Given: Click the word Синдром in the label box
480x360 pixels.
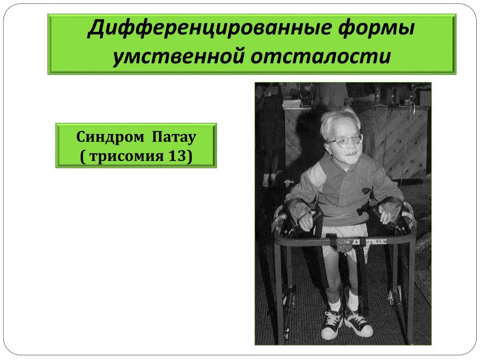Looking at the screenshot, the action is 110,137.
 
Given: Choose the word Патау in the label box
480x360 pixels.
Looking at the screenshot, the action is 174,137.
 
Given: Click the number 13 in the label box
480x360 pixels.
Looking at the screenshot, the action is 177,156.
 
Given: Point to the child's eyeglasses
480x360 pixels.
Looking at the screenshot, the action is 345,141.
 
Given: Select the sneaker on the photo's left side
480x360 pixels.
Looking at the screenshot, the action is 332,324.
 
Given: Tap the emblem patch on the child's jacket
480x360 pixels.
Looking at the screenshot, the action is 367,191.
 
